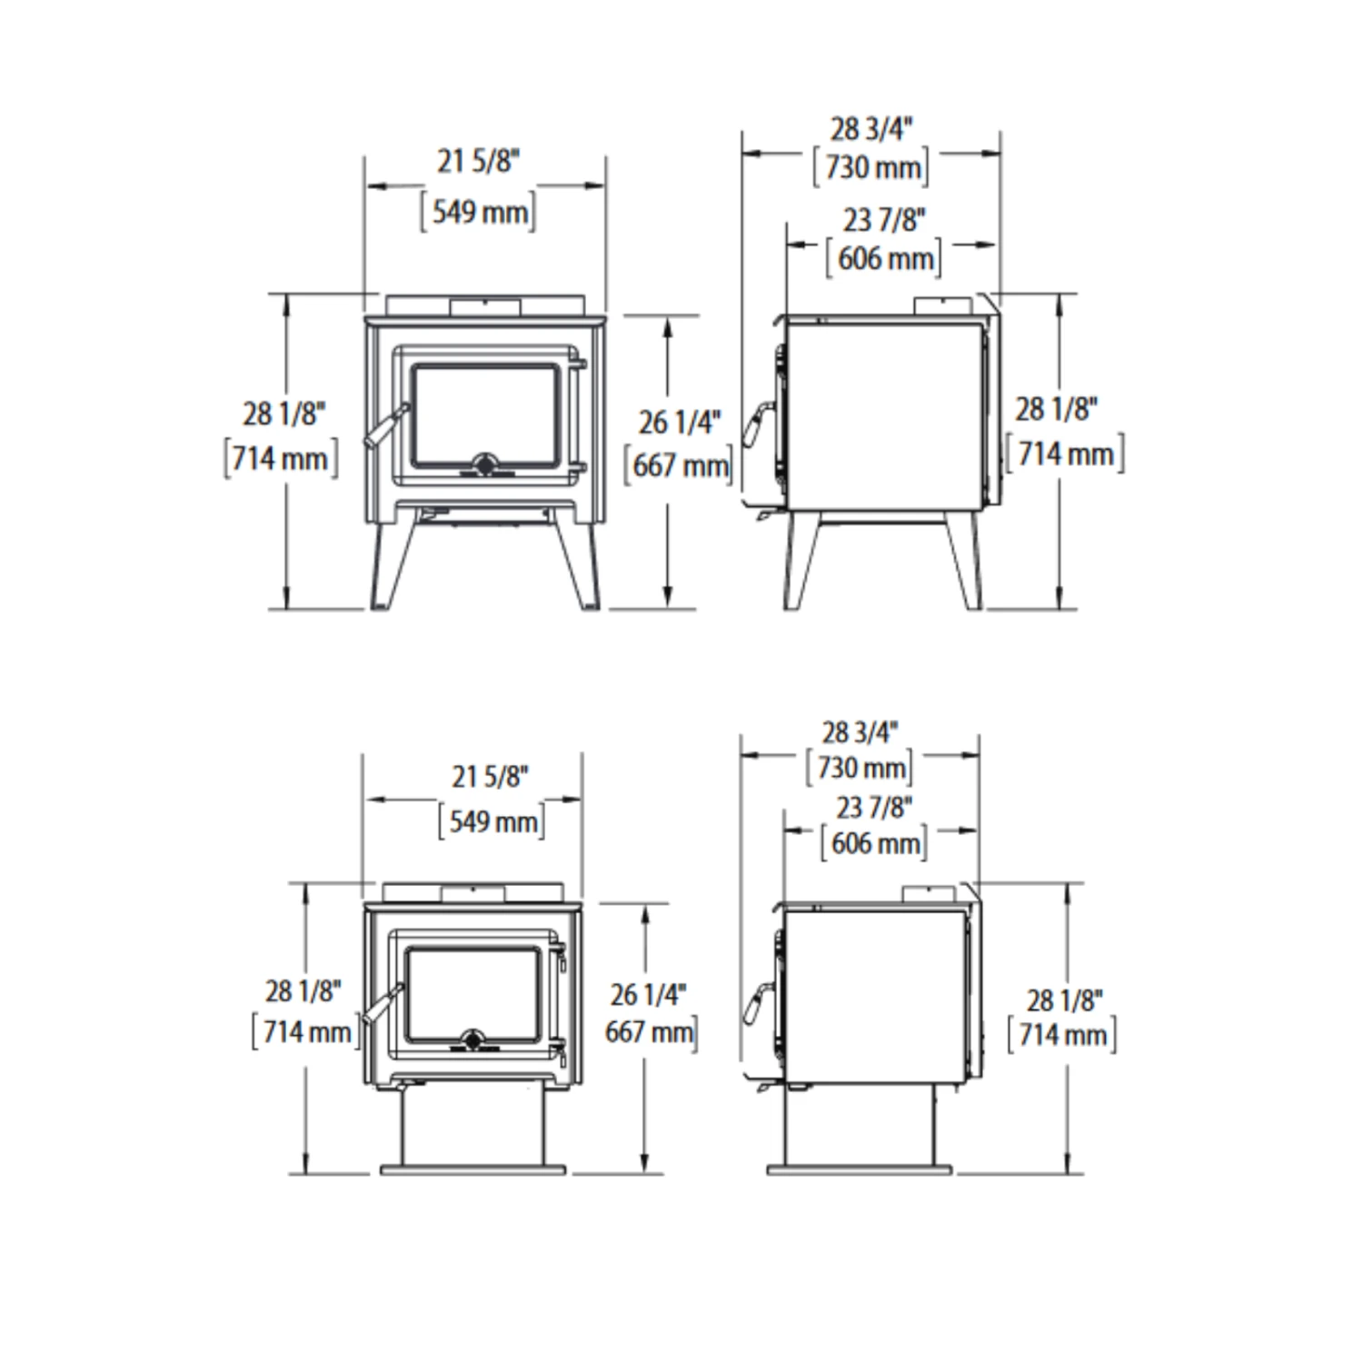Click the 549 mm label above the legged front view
[x=478, y=212]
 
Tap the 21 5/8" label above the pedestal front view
[x=490, y=778]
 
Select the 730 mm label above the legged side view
[x=871, y=167]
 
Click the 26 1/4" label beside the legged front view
[x=679, y=423]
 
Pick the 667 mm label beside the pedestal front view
[x=652, y=1032]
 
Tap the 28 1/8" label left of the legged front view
[x=284, y=414]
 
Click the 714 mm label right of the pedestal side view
[x=1062, y=1034]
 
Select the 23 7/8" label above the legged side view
[x=883, y=221]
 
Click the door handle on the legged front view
[x=382, y=427]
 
